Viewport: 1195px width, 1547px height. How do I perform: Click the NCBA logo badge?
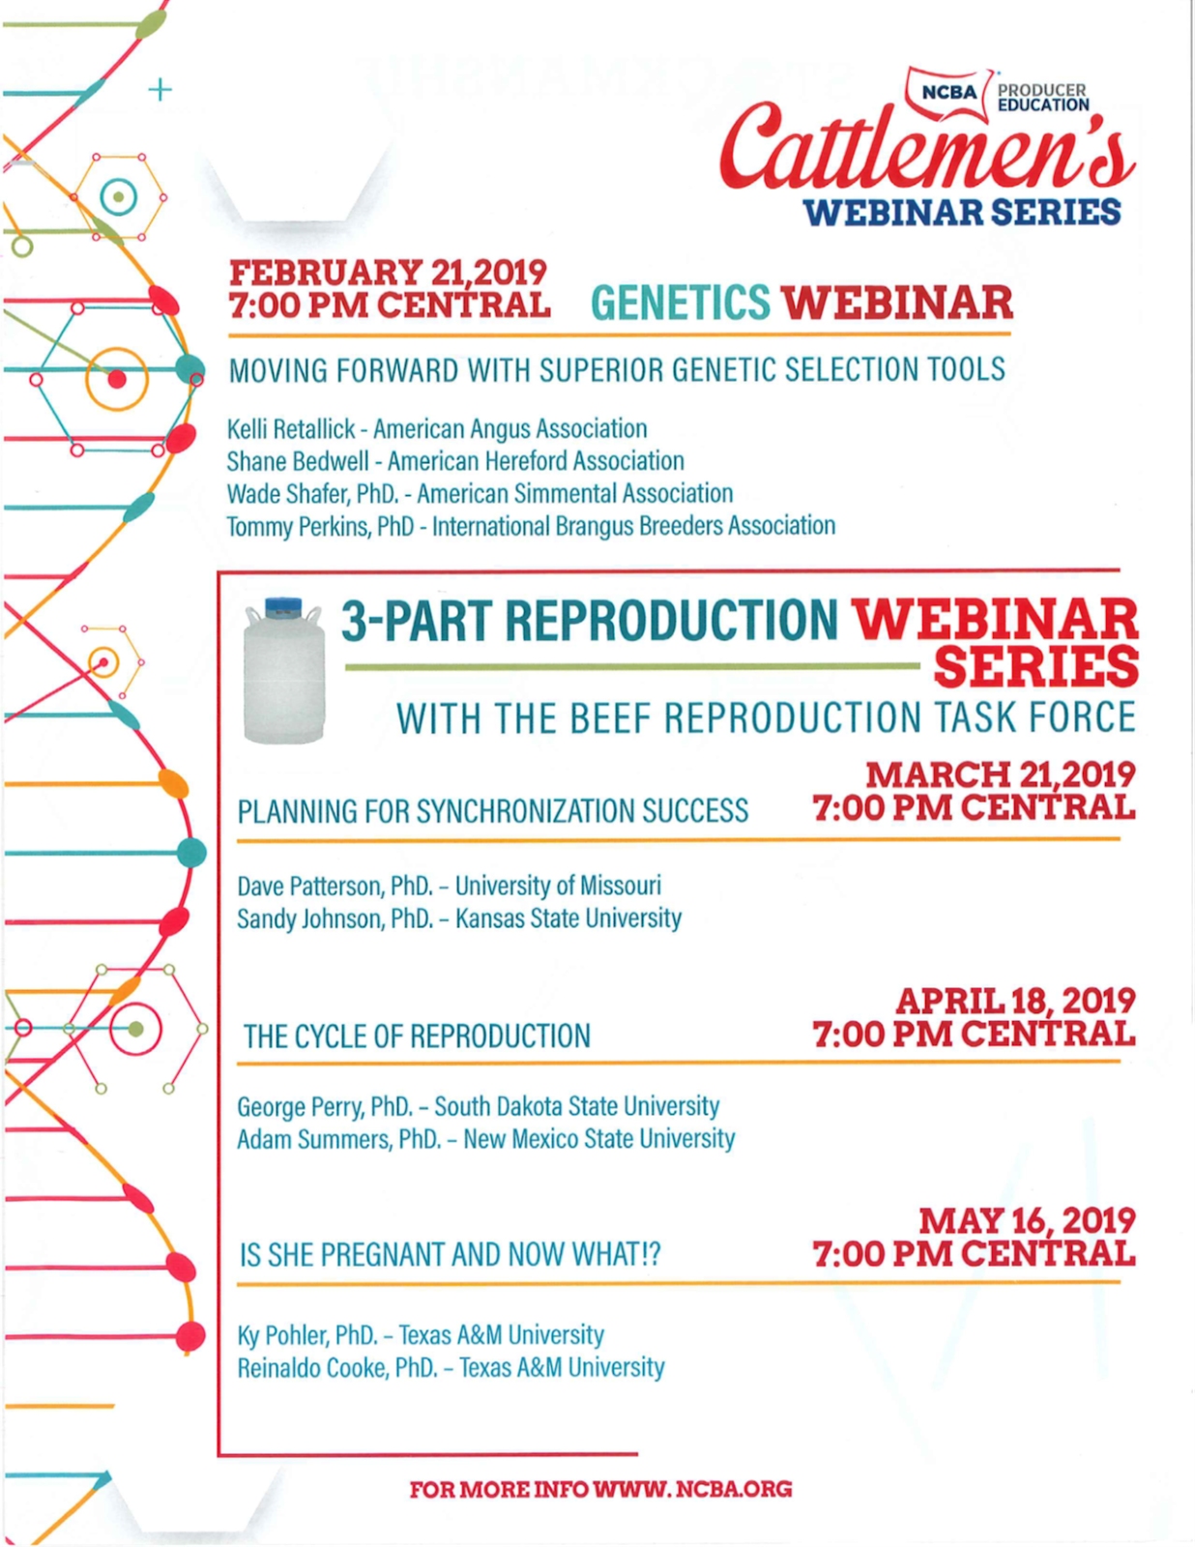tap(948, 93)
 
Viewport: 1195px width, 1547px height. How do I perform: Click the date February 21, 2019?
tap(388, 273)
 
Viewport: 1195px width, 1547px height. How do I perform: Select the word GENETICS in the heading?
tap(680, 304)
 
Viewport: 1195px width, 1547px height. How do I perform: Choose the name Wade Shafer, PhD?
tap(312, 494)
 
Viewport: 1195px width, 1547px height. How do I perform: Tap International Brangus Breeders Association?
tap(633, 526)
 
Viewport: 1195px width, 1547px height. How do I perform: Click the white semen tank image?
tap(283, 677)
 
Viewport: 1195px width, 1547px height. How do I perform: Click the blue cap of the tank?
tap(283, 605)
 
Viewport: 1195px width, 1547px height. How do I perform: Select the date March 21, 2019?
tap(1000, 774)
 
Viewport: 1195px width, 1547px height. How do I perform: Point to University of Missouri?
tap(558, 886)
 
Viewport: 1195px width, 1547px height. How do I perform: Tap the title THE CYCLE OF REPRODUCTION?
tap(417, 1036)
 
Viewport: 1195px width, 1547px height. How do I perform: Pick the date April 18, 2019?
tap(1015, 1001)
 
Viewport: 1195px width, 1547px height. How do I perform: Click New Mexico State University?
tap(598, 1139)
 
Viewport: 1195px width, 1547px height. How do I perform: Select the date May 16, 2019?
tap(1027, 1220)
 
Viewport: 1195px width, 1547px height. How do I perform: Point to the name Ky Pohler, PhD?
tap(306, 1335)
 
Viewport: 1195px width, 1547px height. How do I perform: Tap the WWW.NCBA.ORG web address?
tap(692, 1489)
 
